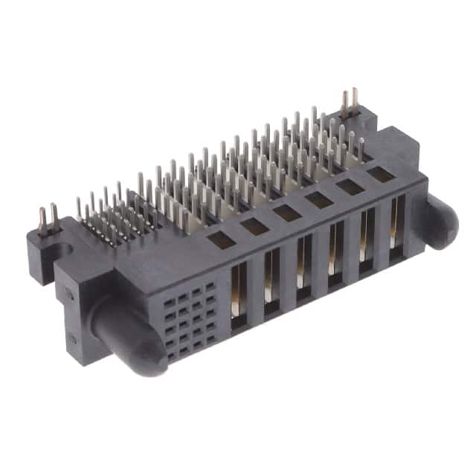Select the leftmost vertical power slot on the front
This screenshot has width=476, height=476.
[239, 294]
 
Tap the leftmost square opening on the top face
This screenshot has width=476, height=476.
[221, 239]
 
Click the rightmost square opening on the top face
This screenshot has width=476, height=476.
[381, 174]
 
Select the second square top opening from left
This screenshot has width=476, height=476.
[254, 225]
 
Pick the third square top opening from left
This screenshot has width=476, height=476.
[287, 212]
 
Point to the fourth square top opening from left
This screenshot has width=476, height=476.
[319, 199]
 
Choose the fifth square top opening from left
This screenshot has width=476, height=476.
[350, 186]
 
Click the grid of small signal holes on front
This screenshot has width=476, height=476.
[190, 320]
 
